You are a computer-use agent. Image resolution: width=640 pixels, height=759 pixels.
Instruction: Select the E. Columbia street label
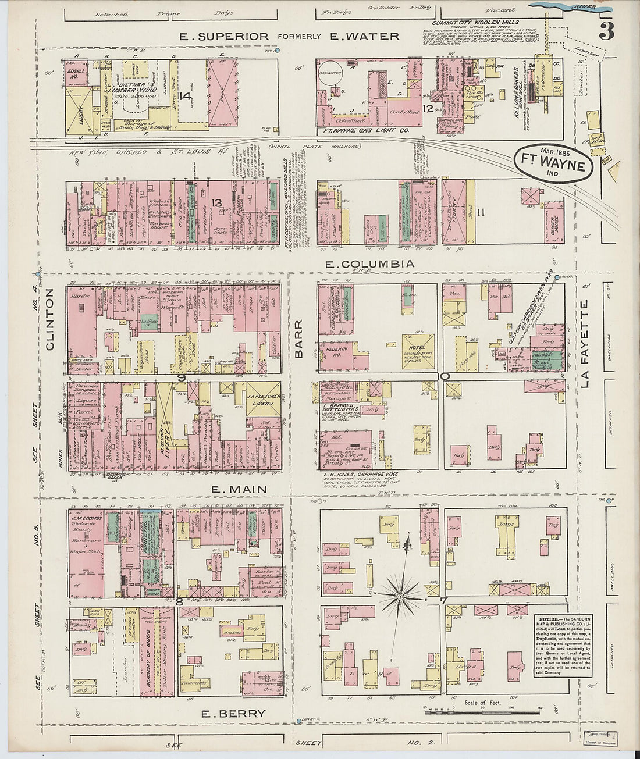[370, 264]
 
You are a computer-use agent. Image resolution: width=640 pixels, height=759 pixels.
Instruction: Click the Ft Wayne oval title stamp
[553, 164]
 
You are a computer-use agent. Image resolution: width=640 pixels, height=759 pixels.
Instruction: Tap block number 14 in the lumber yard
[185, 97]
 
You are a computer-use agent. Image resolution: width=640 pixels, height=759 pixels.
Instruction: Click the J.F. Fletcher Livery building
[263, 399]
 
